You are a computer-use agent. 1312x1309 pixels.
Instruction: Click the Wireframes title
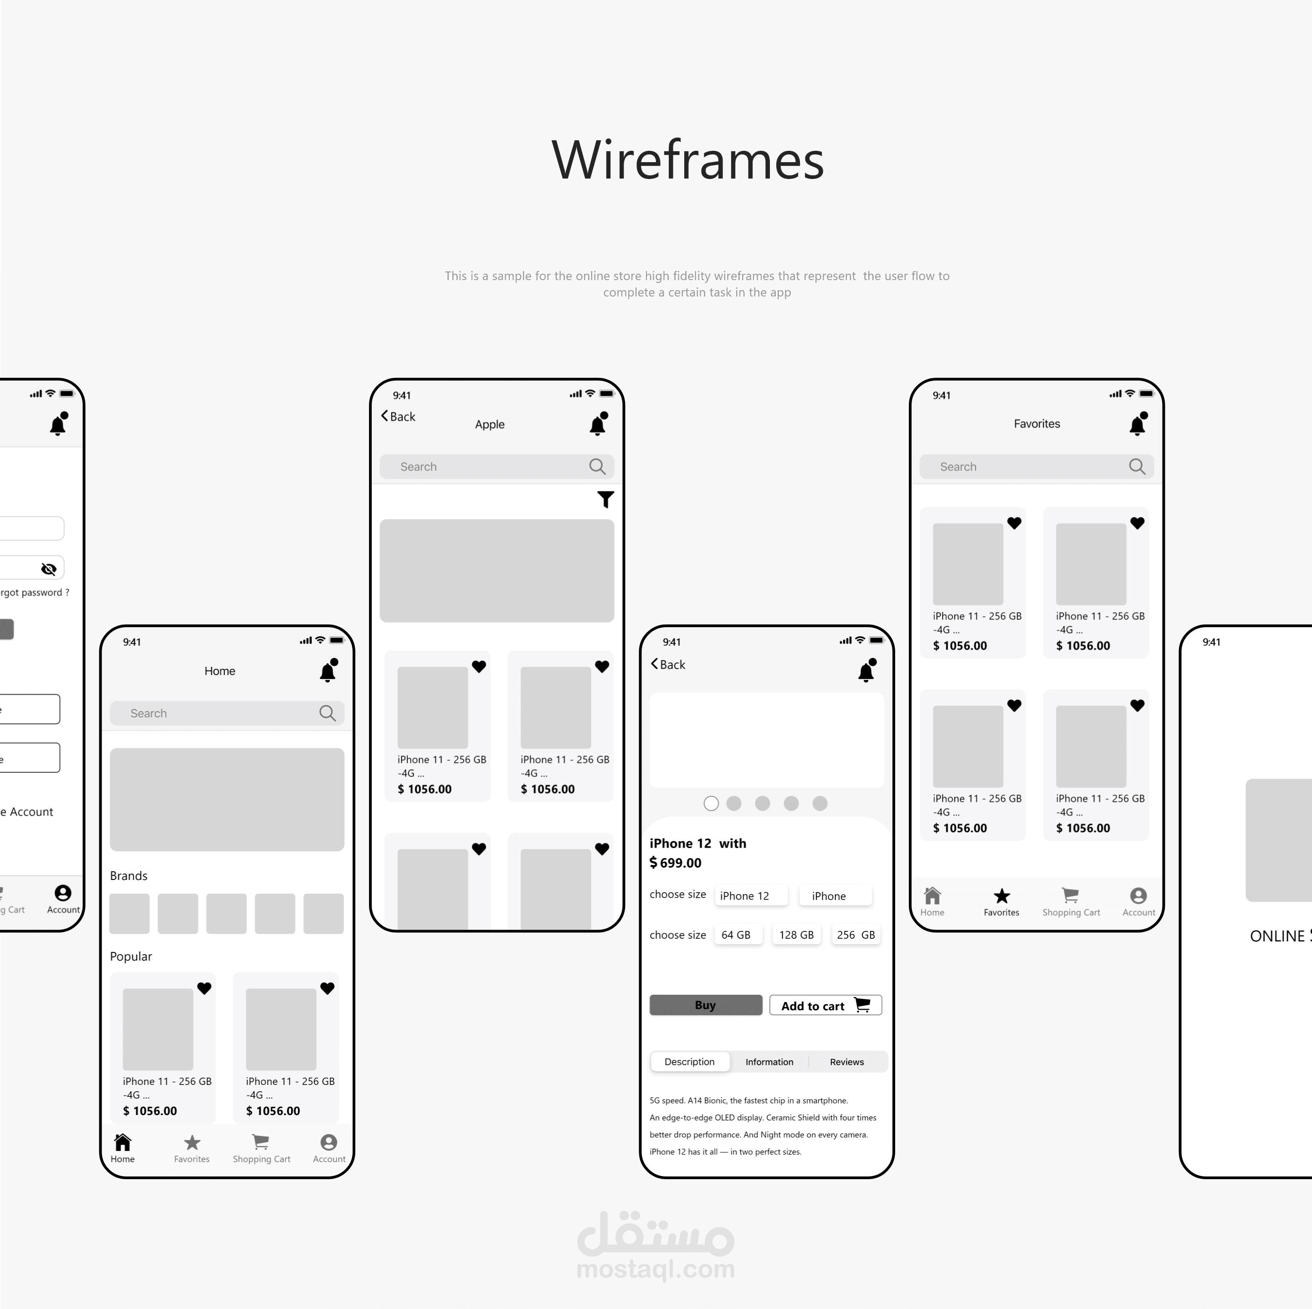click(x=687, y=161)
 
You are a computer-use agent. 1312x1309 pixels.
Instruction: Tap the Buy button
click(x=706, y=1005)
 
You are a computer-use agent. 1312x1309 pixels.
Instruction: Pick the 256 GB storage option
click(x=856, y=935)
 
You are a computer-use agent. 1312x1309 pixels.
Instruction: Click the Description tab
click(x=689, y=1062)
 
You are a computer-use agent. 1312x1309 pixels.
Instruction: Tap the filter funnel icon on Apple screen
click(x=605, y=499)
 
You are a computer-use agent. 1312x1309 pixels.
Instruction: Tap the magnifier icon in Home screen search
click(x=328, y=713)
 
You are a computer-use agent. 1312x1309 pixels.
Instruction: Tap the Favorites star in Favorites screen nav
click(x=1002, y=897)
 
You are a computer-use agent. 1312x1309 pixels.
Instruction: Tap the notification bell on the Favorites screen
click(x=1138, y=424)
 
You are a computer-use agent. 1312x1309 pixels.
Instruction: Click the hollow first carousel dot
click(x=711, y=803)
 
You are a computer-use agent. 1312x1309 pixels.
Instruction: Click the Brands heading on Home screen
click(x=128, y=876)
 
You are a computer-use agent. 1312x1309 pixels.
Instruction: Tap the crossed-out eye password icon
click(x=49, y=569)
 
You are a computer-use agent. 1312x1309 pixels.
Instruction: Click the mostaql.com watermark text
click(x=656, y=1268)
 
